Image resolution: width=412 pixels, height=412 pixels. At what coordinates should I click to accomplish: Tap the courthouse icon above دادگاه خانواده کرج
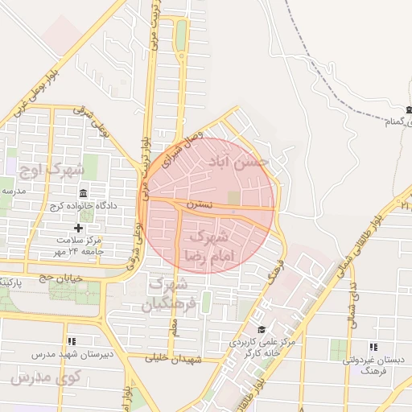[x=84, y=193]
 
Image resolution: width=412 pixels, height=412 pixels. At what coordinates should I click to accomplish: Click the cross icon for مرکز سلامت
[x=78, y=228]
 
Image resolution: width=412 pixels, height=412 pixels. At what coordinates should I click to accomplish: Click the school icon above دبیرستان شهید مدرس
[x=72, y=341]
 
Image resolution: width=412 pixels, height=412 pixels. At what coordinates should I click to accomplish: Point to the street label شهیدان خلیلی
[x=171, y=359]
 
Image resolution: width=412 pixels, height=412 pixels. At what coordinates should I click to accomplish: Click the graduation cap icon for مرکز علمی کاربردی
[x=262, y=329]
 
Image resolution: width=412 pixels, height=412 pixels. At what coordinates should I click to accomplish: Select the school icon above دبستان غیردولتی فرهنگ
[x=371, y=347]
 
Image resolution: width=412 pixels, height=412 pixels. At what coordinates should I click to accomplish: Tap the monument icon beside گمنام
[x=407, y=109]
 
